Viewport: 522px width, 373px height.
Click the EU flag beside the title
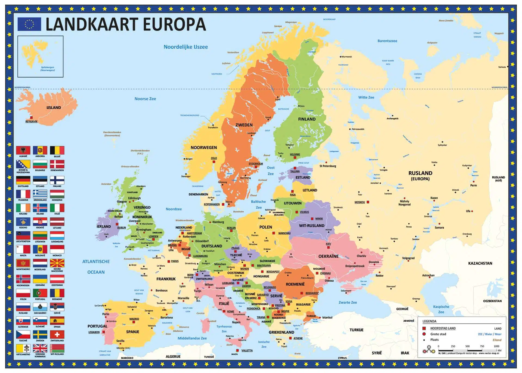point(29,24)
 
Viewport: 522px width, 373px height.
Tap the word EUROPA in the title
point(174,24)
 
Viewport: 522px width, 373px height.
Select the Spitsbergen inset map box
point(41,57)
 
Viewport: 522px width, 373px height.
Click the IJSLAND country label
point(54,107)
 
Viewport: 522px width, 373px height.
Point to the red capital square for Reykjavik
point(32,118)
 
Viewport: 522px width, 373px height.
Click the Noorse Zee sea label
point(145,99)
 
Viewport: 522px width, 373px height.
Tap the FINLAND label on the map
point(307,119)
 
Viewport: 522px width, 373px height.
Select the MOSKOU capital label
point(360,202)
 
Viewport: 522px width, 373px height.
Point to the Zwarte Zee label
point(348,302)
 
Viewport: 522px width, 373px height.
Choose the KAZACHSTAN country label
point(480,263)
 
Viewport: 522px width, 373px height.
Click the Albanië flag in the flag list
point(23,150)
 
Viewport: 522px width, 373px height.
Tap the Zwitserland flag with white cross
point(57,334)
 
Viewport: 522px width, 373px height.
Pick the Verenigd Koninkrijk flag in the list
point(40,348)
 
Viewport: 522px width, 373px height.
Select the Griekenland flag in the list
point(40,194)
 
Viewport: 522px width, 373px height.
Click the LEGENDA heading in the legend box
point(429,321)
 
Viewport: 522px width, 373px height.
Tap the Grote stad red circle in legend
point(424,334)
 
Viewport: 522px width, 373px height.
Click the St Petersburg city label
point(328,166)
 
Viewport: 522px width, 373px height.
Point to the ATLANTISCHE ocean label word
point(96,261)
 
